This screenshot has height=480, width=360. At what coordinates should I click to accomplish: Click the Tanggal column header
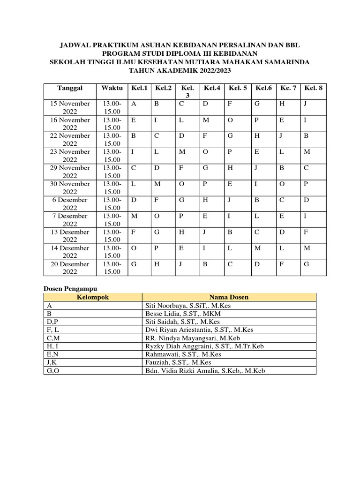click(x=70, y=88)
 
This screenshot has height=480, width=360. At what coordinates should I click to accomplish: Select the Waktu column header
click(x=112, y=88)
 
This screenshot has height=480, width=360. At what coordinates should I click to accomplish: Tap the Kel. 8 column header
click(x=313, y=88)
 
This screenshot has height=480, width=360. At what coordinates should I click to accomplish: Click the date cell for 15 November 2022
click(x=70, y=107)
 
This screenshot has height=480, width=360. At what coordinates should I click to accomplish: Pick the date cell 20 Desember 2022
click(x=70, y=268)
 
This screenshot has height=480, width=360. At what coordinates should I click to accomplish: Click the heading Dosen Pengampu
click(x=70, y=289)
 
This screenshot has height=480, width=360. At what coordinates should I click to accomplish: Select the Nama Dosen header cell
click(x=229, y=297)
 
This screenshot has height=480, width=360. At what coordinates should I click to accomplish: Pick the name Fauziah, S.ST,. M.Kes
click(x=179, y=362)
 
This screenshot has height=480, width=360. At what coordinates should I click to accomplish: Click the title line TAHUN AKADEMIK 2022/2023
click(x=180, y=70)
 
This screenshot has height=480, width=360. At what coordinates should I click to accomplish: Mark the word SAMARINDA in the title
click(x=286, y=62)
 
